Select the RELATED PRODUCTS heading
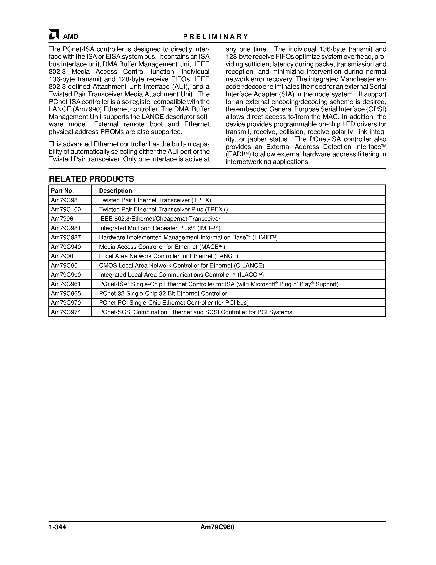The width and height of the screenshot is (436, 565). pos(92,179)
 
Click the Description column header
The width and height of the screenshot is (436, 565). pos(116,191)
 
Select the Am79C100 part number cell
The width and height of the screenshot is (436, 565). pos(66,209)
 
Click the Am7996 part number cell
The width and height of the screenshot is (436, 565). pos(62,219)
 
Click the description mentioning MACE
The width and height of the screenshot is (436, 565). pos(162,247)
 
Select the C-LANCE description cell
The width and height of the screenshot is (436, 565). pos(182,265)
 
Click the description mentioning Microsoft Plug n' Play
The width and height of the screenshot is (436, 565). pos(219,284)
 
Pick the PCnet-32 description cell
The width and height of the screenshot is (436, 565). pos(163,293)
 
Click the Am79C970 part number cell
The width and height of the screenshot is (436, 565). pos(66,302)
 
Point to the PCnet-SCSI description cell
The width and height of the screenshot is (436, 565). pos(196,312)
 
